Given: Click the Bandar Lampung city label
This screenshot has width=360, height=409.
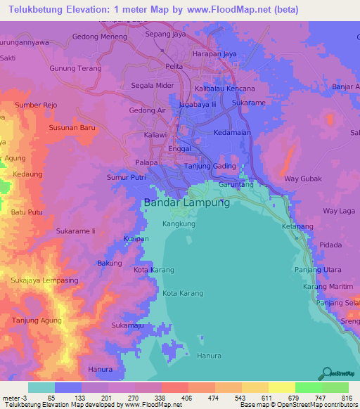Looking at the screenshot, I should pos(186,202).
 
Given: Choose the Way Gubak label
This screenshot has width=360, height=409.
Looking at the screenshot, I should pos(302,178).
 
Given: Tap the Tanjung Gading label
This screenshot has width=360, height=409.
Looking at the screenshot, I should pos(208,166).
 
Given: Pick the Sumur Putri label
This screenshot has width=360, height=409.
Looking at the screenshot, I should pos(127,178).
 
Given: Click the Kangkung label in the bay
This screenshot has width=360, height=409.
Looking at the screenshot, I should pos(179,223).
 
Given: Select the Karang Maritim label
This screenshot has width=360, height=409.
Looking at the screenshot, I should pos(327,287).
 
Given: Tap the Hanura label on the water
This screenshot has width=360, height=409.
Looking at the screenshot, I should pos(209,356).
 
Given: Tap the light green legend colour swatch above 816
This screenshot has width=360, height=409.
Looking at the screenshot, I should pos(335,387).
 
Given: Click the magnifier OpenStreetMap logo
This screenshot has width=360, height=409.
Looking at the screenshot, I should pos(327,373).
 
